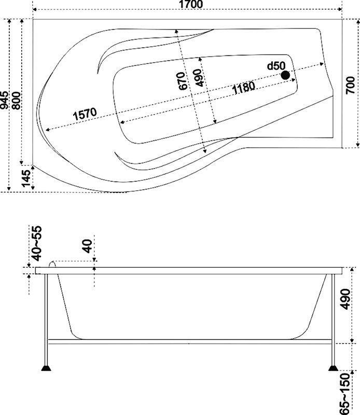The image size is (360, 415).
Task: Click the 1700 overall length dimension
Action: [x=191, y=4]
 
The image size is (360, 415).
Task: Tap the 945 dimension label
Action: [x=4, y=100]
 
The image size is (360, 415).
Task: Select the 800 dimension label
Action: [x=16, y=101]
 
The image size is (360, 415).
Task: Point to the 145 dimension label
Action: [x=26, y=178]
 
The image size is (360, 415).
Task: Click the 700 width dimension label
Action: [x=350, y=85]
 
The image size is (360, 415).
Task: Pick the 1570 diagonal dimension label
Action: [x=85, y=114]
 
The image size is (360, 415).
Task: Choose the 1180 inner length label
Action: [x=244, y=88]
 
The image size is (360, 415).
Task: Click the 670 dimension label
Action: [x=182, y=81]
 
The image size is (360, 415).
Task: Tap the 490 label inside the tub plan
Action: [x=199, y=77]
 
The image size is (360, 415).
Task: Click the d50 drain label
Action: [x=276, y=66]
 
